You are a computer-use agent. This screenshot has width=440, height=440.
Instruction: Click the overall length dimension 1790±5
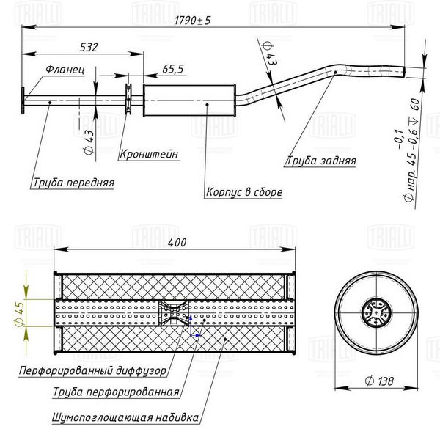[192, 21]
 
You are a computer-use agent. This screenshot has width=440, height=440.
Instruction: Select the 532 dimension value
[89, 47]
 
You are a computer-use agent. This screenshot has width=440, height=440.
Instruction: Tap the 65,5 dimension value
[173, 69]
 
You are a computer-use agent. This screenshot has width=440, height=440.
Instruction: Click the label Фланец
[65, 69]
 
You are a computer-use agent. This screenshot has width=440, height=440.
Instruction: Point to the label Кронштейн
[149, 154]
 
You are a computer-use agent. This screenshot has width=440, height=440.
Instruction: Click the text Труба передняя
[74, 183]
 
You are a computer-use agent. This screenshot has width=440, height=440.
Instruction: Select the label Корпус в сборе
[244, 192]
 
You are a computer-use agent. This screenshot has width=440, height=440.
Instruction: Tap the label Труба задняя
[321, 161]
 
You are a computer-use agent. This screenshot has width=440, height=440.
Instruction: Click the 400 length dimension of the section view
[177, 243]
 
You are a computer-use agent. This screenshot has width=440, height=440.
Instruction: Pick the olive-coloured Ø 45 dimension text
[20, 314]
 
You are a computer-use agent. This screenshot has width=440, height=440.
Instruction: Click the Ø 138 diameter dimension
[379, 381]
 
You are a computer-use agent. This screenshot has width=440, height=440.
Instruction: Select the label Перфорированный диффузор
[92, 370]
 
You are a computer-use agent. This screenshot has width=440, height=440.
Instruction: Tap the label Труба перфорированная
[116, 392]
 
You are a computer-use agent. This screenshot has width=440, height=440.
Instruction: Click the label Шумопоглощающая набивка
[125, 417]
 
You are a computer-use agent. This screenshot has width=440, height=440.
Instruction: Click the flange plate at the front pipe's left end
[23, 100]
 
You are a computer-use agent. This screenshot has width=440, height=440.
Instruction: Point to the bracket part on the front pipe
[128, 99]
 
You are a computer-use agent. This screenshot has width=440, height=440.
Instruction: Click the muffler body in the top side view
[189, 100]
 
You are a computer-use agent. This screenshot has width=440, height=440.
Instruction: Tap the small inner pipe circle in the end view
[376, 312]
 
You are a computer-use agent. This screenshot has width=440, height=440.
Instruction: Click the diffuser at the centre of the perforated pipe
[174, 312]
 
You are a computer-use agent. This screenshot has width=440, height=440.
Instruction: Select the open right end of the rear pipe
[404, 72]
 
